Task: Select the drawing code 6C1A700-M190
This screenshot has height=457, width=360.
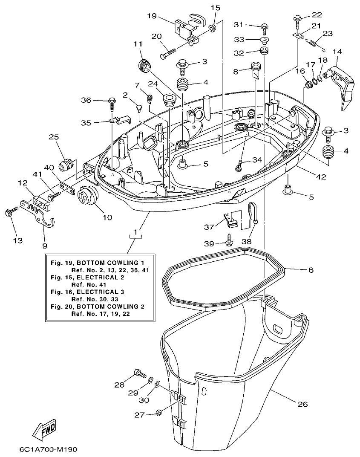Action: (x=48, y=449)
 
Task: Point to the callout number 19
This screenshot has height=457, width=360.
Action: (x=152, y=16)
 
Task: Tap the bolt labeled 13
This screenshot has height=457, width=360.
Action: (x=10, y=211)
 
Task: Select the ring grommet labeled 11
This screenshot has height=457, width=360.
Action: (x=145, y=66)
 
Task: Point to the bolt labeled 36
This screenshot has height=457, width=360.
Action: (x=112, y=102)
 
